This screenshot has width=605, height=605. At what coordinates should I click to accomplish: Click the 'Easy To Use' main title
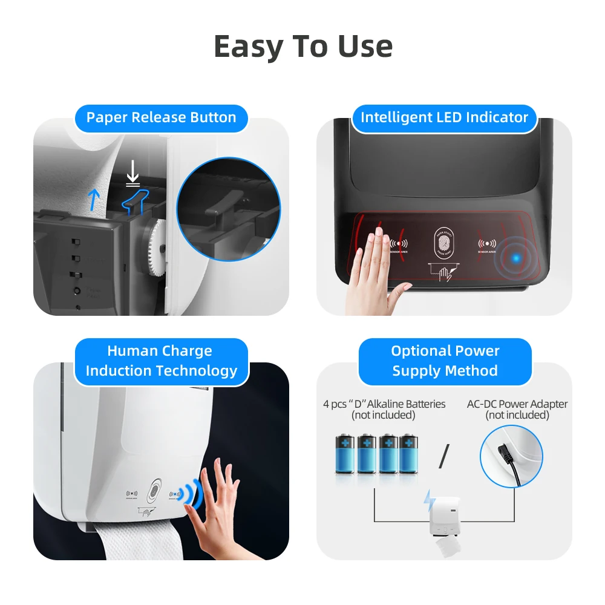coord(302,47)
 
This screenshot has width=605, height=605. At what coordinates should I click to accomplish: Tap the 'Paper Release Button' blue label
coord(161,117)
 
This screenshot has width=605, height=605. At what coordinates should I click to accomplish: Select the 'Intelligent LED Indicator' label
coord(444,117)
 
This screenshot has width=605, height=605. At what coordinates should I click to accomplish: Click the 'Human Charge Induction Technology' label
coord(161,361)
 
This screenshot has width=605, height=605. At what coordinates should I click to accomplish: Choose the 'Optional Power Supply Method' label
coord(445,361)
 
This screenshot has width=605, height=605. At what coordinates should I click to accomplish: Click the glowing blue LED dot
coord(515,259)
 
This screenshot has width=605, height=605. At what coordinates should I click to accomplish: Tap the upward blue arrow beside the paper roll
coord(93,198)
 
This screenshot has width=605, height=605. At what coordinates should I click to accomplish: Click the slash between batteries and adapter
coord(445,455)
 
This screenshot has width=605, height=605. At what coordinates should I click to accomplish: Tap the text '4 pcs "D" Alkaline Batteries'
coord(384,404)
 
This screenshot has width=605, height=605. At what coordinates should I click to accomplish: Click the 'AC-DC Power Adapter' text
coord(517,404)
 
